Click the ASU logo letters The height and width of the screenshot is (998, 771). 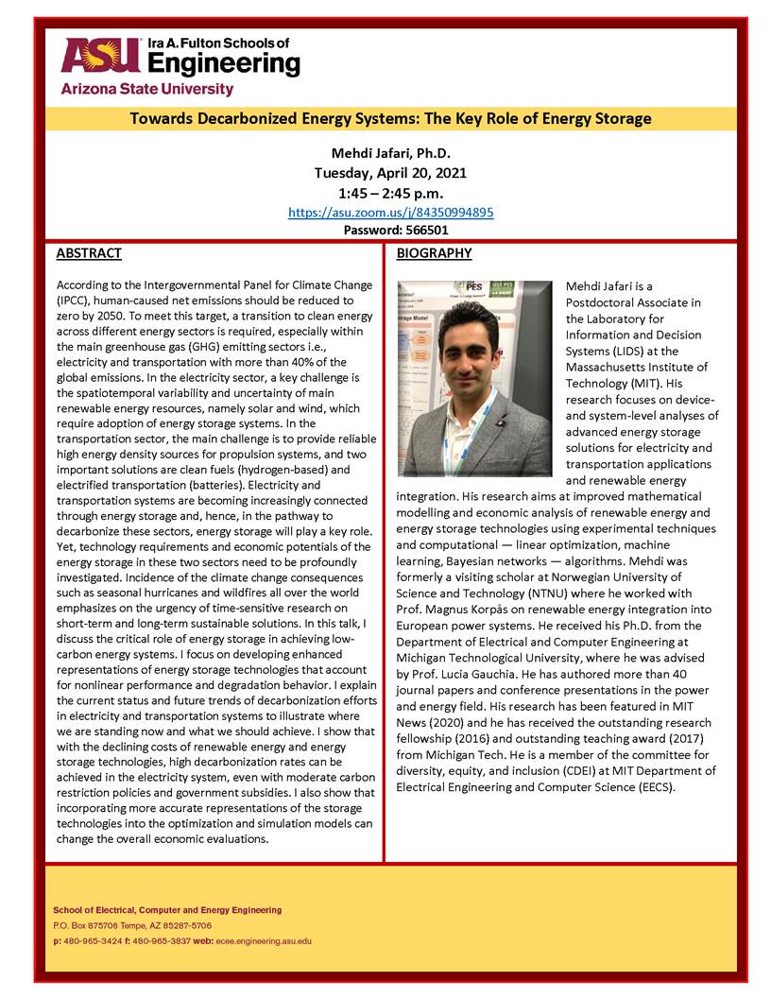pyautogui.click(x=99, y=55)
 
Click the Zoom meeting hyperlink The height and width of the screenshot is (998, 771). pyautogui.click(x=390, y=213)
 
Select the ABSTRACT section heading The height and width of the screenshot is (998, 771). pyautogui.click(x=89, y=253)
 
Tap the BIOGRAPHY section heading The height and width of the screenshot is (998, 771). pyautogui.click(x=434, y=253)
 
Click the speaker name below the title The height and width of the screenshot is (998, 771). pyautogui.click(x=390, y=153)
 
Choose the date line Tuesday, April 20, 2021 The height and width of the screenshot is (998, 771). pyautogui.click(x=390, y=173)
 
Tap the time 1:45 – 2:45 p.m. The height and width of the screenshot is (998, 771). pyautogui.click(x=390, y=193)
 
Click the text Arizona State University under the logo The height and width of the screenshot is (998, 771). pyautogui.click(x=146, y=89)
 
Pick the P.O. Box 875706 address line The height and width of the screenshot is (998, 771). pyautogui.click(x=132, y=925)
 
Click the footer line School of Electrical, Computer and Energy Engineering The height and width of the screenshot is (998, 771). pyautogui.click(x=166, y=909)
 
